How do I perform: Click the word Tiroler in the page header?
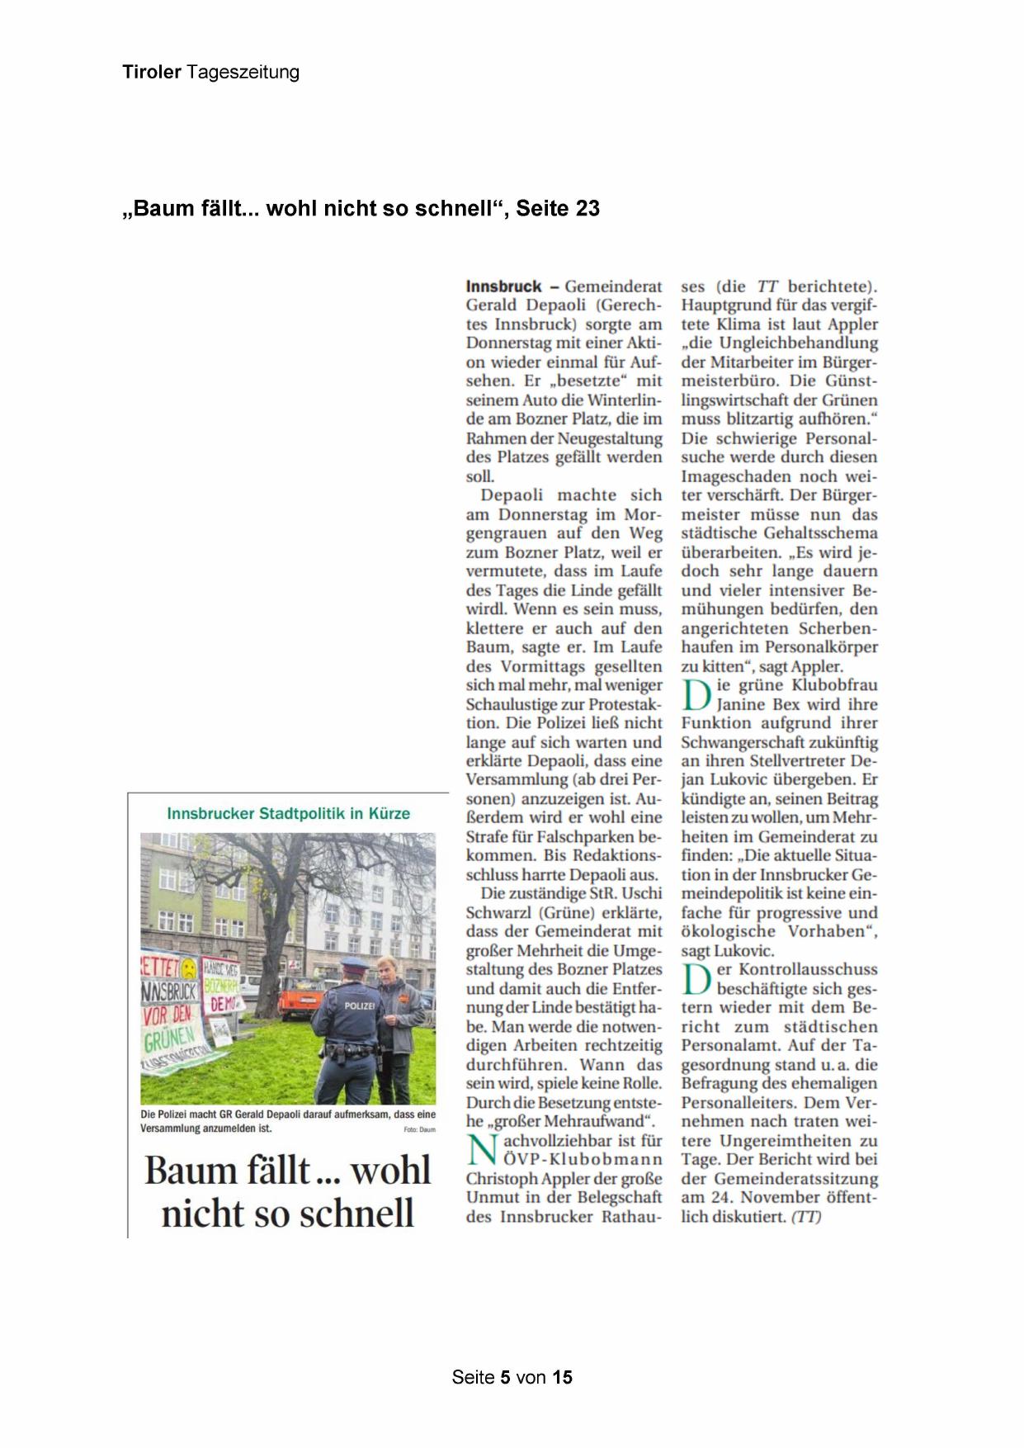coord(152,72)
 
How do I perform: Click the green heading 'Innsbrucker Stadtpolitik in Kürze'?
coord(288,813)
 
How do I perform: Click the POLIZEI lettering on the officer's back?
coord(359,1006)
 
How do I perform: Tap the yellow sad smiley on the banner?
coord(189,968)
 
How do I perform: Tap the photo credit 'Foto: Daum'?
coord(419,1129)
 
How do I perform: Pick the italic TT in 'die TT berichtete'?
coord(767,286)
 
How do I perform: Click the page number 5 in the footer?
coord(505,1377)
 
